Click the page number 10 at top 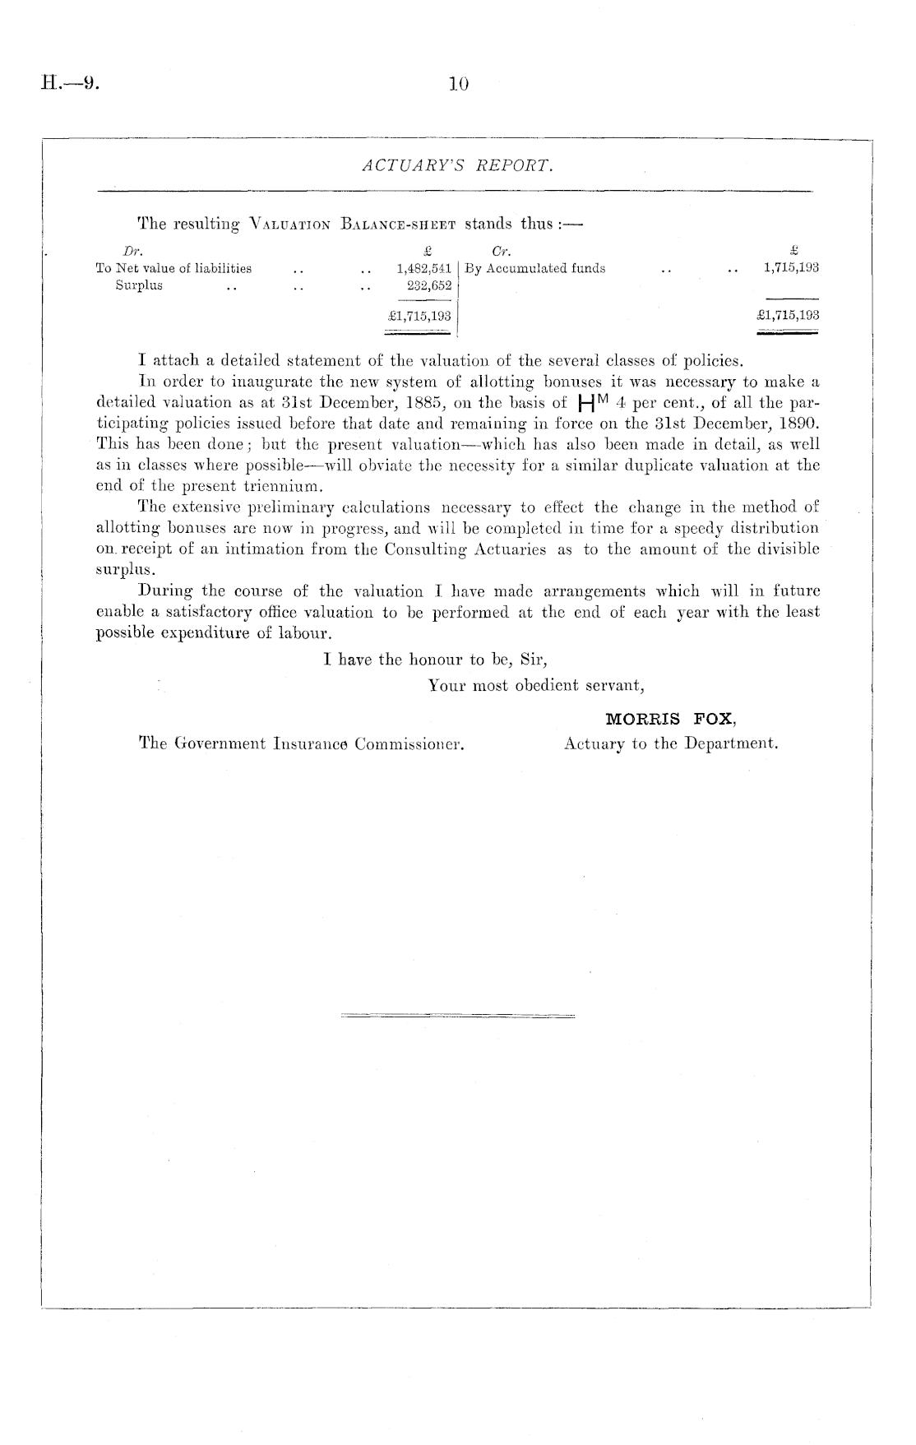click(x=458, y=82)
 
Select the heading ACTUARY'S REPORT click(x=457, y=166)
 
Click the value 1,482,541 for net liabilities click(x=423, y=268)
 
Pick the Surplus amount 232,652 click(x=429, y=285)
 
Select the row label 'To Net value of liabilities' click(x=174, y=268)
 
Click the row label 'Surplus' click(x=139, y=285)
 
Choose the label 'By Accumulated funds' click(x=535, y=268)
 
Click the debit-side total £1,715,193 click(x=419, y=314)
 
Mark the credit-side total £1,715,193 click(x=788, y=314)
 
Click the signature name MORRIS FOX click(x=670, y=719)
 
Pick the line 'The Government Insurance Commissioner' click(x=302, y=744)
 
